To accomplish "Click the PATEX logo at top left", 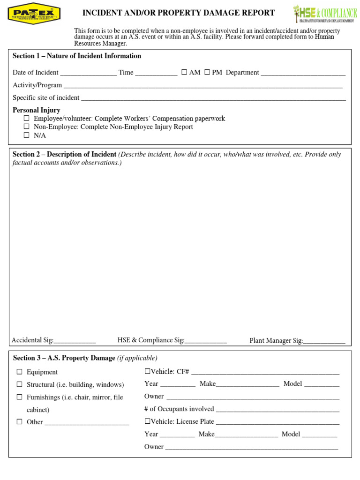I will coord(34,13).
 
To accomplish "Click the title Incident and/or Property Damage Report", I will coord(179,13).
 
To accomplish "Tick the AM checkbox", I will coord(184,72).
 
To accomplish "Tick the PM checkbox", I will coord(207,72).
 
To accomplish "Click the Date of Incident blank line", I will coord(88,73).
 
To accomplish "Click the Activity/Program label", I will coord(37,85).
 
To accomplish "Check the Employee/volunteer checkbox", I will coord(27,119).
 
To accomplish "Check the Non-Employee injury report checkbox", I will coord(27,127).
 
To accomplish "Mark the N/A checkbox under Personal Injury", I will coord(27,135).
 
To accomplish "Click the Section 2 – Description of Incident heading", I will coord(65,154).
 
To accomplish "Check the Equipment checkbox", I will coord(20,372).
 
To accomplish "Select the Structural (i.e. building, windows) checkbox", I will coord(20,384).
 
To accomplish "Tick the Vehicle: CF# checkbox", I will coord(147,371).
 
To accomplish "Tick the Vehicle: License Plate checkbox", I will coord(147,421).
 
